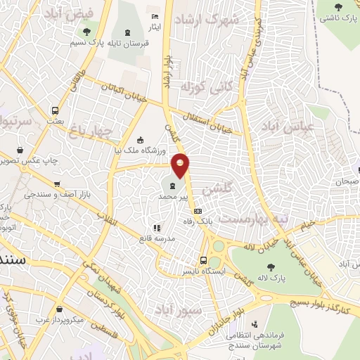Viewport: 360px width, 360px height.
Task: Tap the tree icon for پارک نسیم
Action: [87, 31]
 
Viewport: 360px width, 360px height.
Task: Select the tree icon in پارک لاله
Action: [271, 266]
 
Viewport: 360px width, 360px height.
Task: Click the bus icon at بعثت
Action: [55, 110]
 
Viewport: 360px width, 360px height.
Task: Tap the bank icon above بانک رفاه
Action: [198, 211]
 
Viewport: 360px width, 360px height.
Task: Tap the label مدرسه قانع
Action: [157, 238]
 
